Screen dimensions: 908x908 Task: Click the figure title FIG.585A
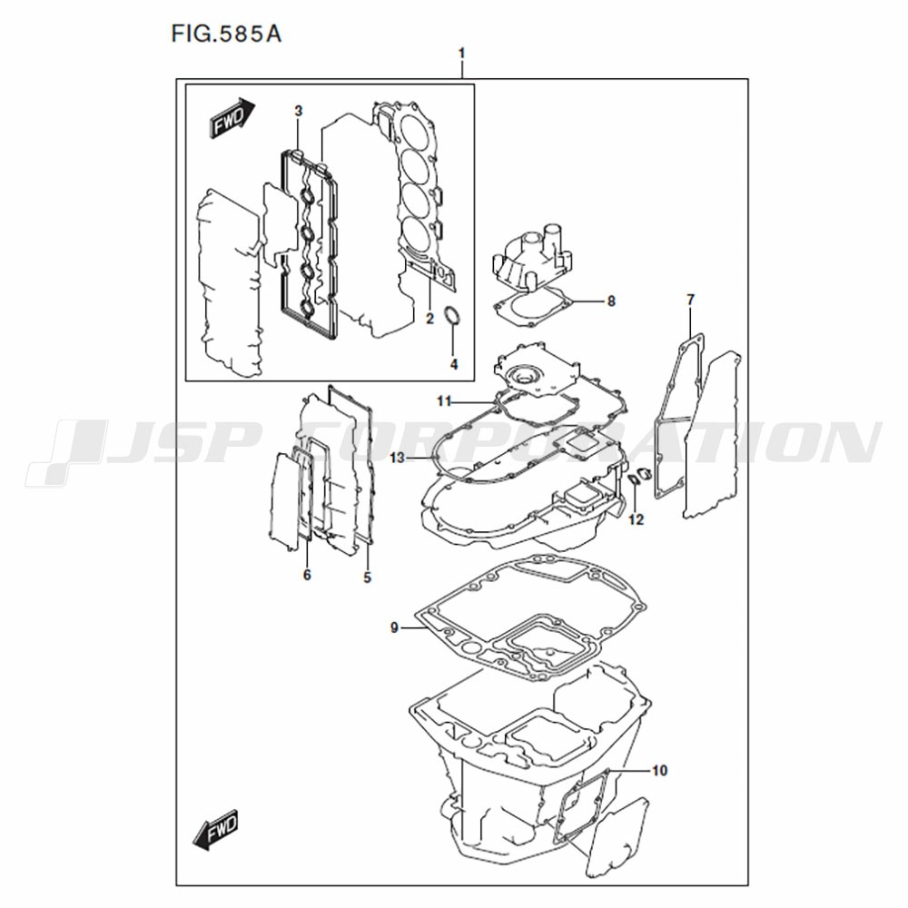tap(226, 35)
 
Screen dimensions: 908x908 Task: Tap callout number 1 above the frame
tap(461, 54)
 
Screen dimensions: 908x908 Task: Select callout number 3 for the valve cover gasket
tap(298, 111)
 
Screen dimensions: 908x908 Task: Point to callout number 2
tap(429, 319)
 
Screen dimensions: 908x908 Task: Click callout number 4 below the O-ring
tap(454, 364)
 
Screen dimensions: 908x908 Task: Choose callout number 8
tap(611, 301)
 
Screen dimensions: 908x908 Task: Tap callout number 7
tap(690, 300)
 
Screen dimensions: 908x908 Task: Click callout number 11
tap(444, 400)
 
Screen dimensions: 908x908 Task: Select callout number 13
tap(398, 458)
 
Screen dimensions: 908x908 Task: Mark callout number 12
tap(636, 519)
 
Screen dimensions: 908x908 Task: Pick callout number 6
tap(307, 575)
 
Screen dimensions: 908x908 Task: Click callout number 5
tap(367, 577)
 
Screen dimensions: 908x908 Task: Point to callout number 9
tap(394, 627)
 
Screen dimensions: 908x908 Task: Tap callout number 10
tap(659, 770)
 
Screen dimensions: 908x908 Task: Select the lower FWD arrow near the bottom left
tap(216, 829)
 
